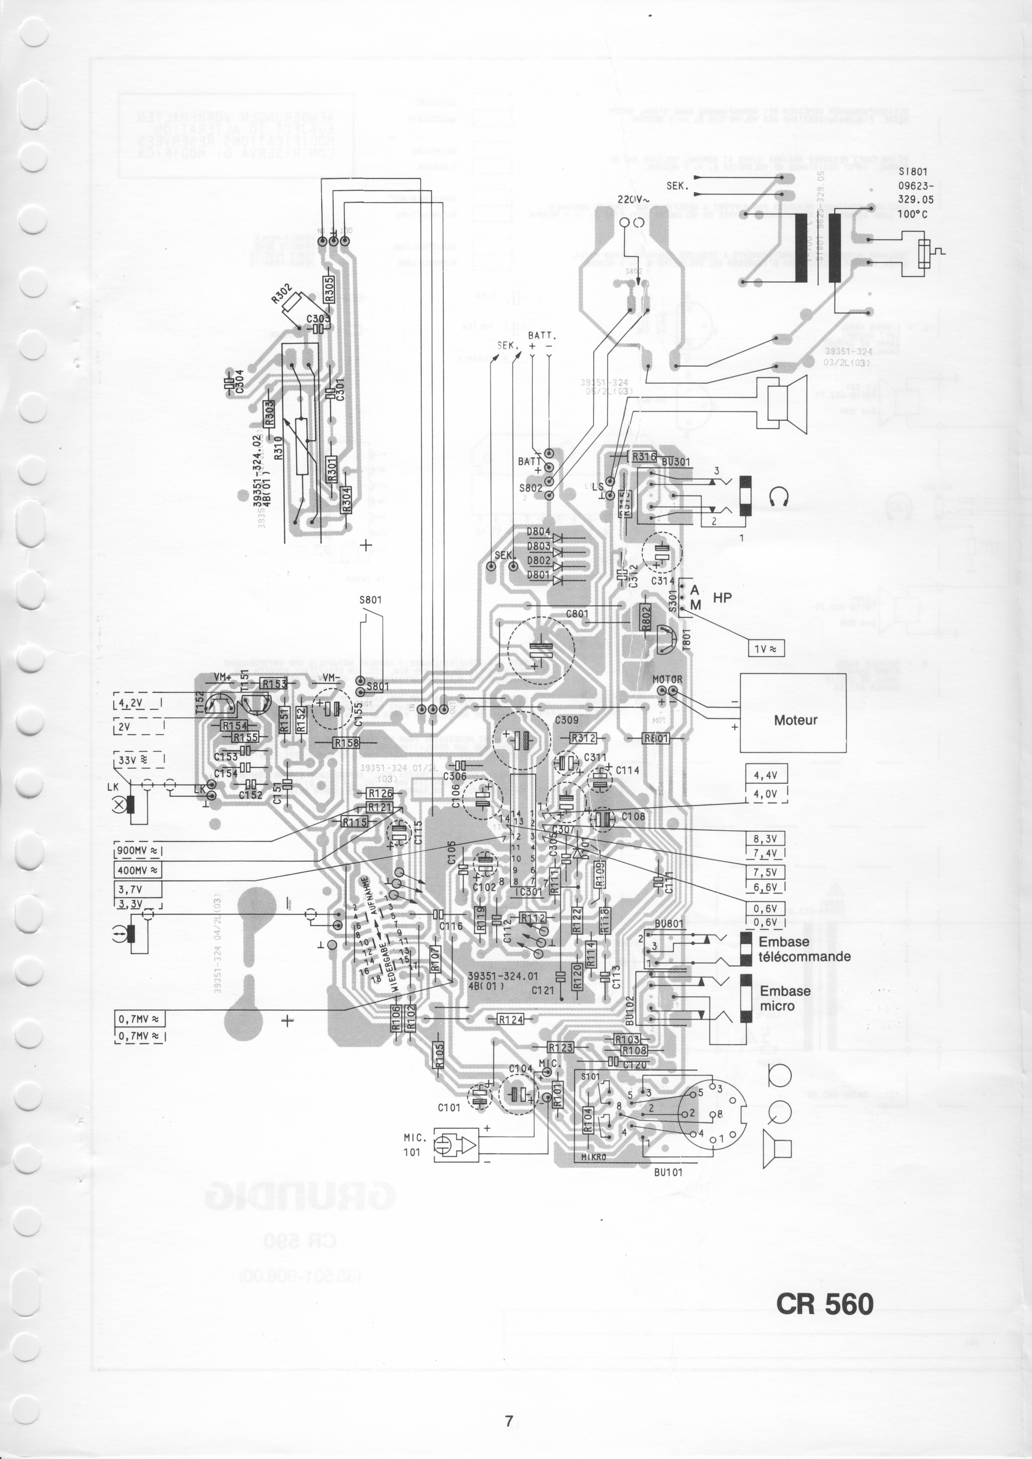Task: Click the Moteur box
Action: [x=795, y=720]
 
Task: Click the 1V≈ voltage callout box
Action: [x=767, y=648]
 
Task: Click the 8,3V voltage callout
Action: [x=766, y=838]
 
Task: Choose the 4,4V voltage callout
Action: [x=766, y=775]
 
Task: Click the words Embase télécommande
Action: [x=804, y=949]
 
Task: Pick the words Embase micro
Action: [x=785, y=998]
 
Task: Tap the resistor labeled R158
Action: [x=346, y=742]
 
